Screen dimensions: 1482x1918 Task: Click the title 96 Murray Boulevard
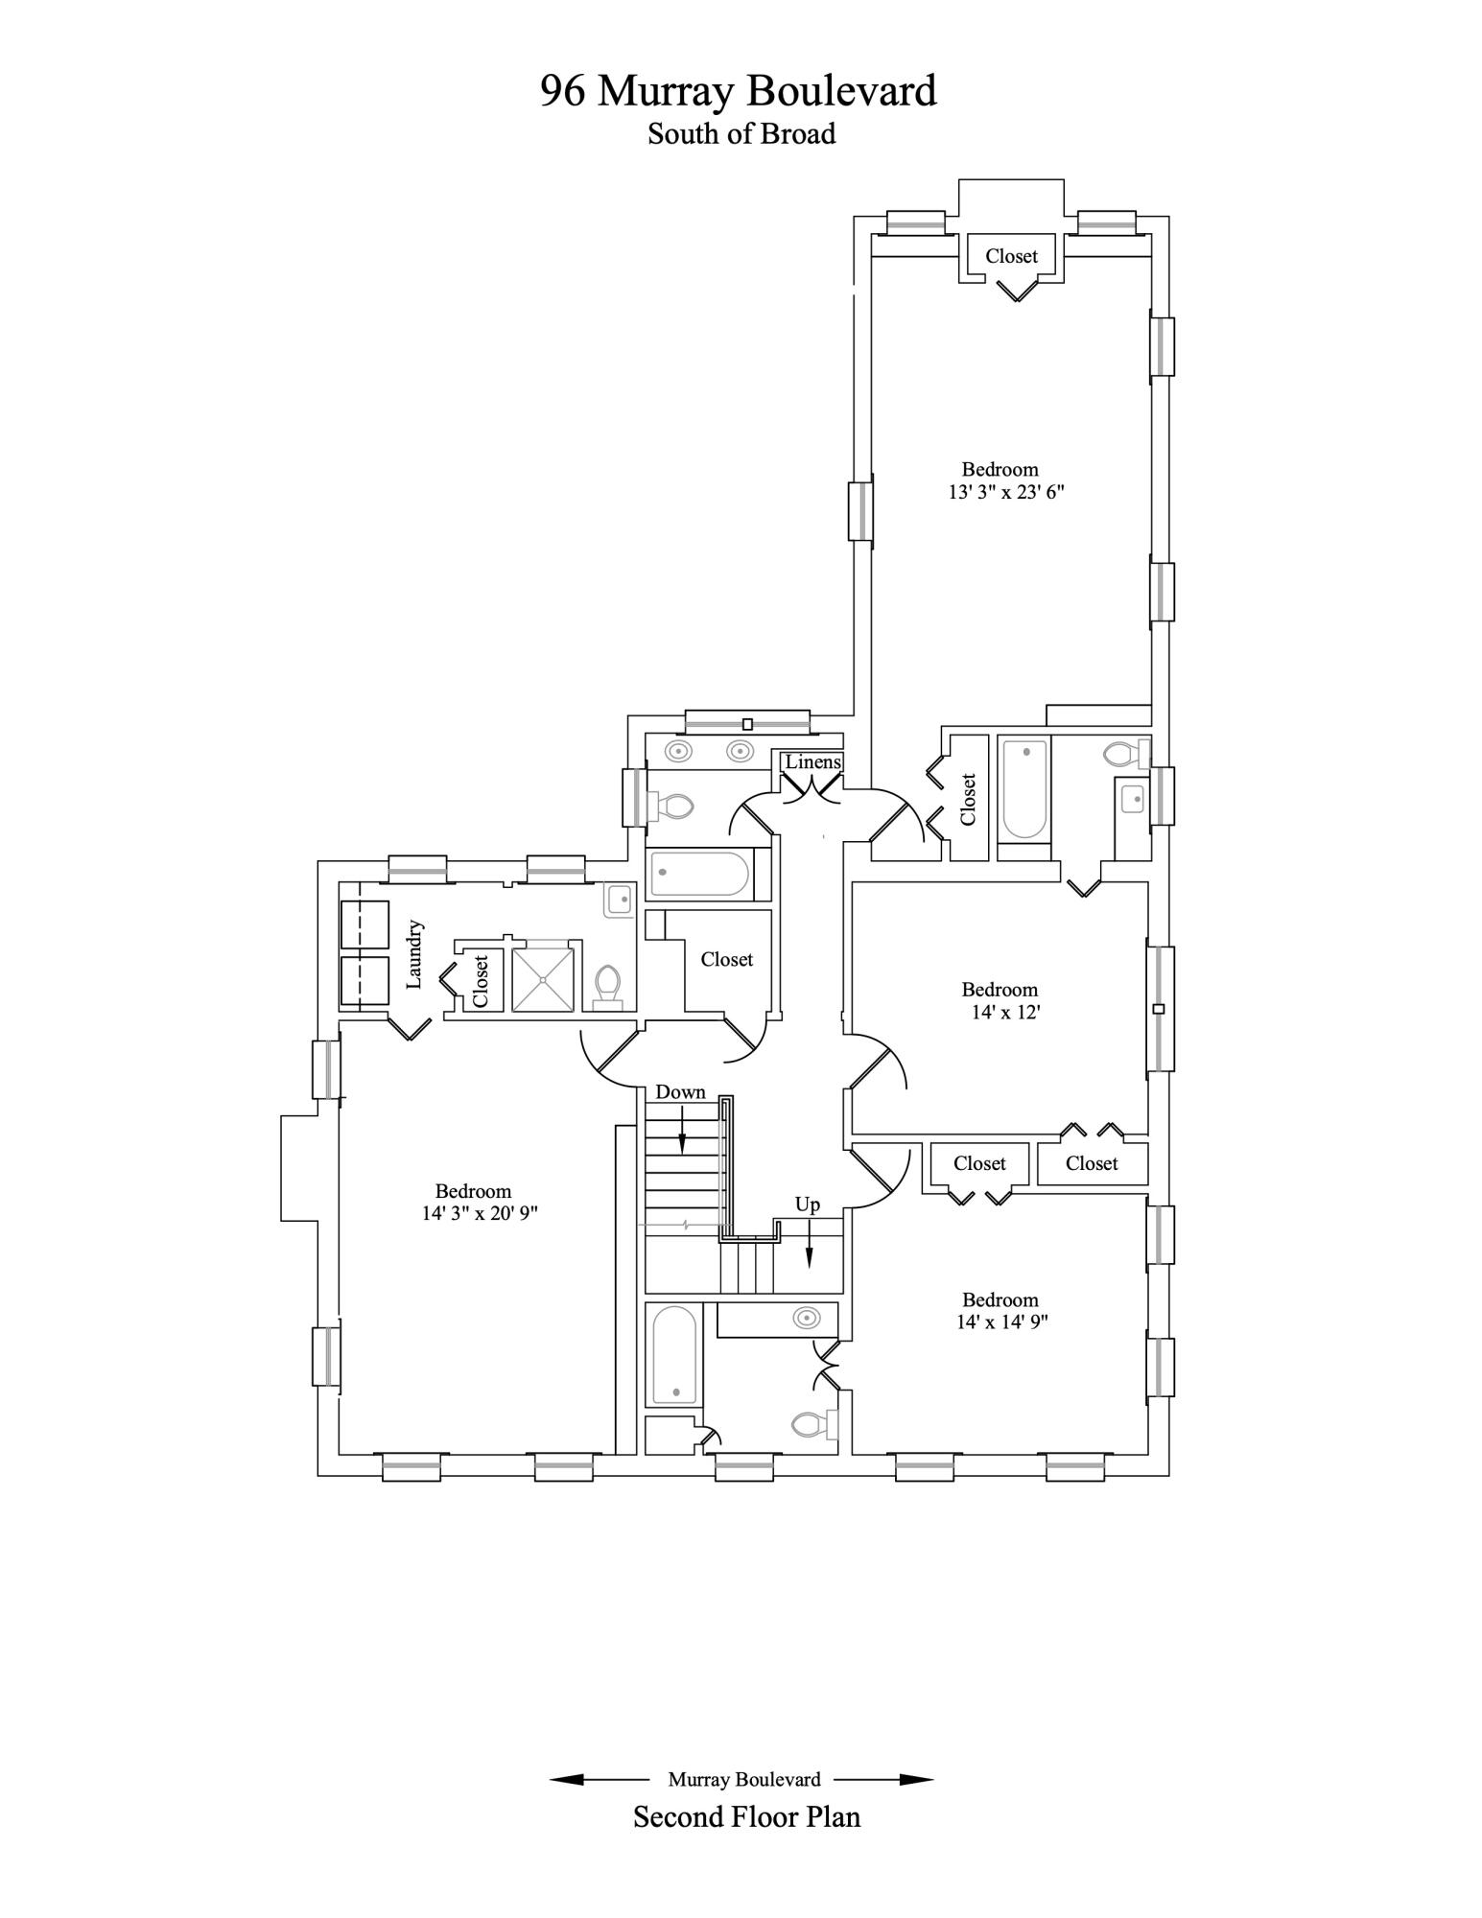coord(739,91)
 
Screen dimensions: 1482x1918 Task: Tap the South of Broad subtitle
coord(741,133)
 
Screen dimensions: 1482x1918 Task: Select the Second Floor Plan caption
coord(746,1817)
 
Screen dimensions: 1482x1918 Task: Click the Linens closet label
coord(813,761)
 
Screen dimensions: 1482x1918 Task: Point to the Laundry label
coord(414,954)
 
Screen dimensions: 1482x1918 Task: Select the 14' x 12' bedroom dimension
coord(1005,1012)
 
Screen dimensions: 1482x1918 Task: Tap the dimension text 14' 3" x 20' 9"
coord(480,1213)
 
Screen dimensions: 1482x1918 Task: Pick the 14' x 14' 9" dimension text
coord(1002,1322)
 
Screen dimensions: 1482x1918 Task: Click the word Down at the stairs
coord(680,1092)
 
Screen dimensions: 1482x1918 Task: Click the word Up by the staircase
coord(808,1205)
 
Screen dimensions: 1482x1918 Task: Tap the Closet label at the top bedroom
coord(1011,256)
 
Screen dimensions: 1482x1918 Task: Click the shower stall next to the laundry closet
coord(545,979)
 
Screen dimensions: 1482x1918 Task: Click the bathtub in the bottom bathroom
coord(674,1356)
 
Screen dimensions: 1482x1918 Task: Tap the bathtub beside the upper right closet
coord(1024,789)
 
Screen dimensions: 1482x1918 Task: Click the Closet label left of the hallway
coord(726,959)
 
